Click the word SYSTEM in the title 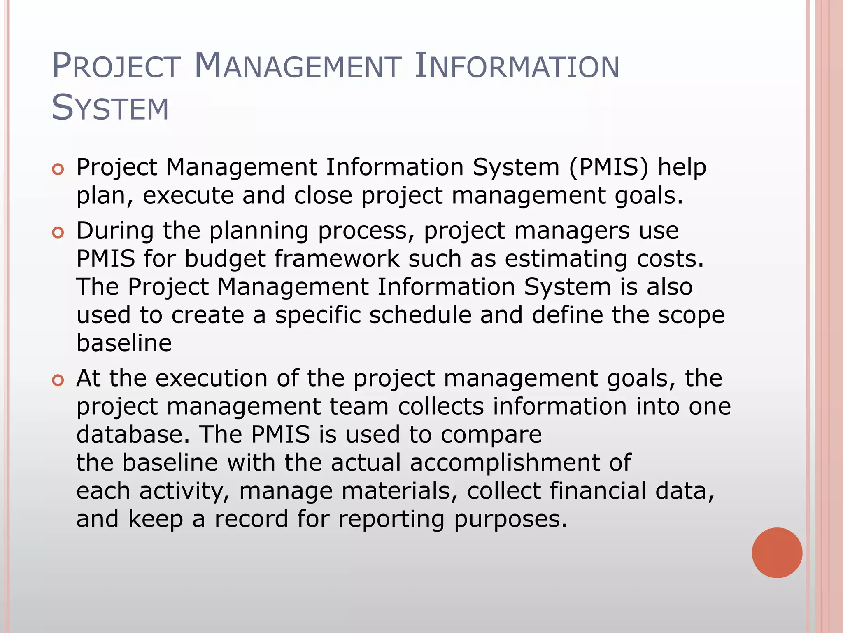pos(110,108)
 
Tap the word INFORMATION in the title pos(517,66)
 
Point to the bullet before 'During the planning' pos(58,233)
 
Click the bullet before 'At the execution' pos(58,380)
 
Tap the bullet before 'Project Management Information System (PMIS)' pos(58,169)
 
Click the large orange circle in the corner pos(777,553)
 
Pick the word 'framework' pos(337,259)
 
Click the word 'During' pos(115,230)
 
